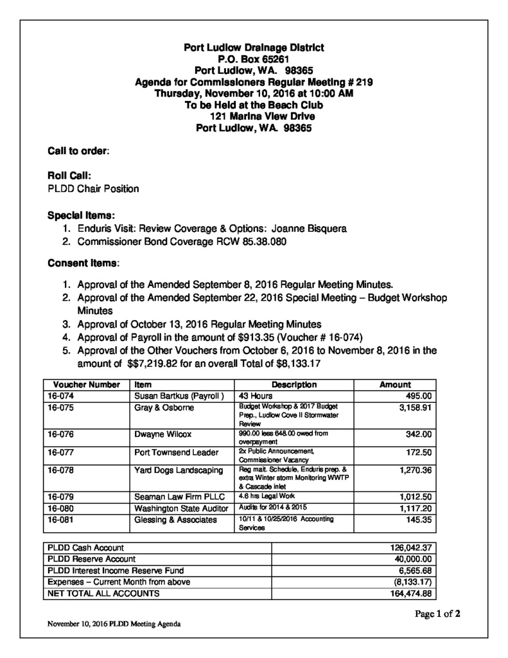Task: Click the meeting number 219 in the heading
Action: tap(362, 82)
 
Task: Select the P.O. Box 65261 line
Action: tap(254, 59)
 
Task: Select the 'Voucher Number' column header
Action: tap(82, 384)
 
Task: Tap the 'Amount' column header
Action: tap(395, 384)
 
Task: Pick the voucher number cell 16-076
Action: tap(59, 434)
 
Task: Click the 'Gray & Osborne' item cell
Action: tap(162, 407)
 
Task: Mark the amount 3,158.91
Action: tap(414, 407)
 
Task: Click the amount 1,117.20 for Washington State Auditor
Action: tap(414, 508)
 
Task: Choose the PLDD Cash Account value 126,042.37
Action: tap(410, 547)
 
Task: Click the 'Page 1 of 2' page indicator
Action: tap(437, 614)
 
